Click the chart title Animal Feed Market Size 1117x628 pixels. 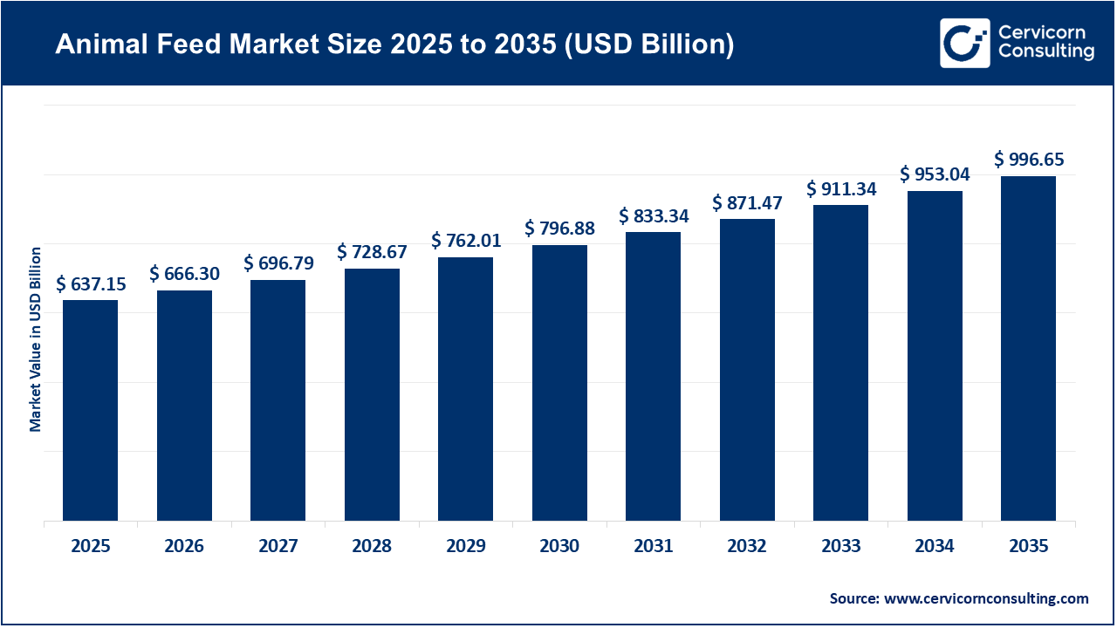point(394,44)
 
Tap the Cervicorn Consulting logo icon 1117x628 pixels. point(964,44)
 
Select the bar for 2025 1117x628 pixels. point(90,410)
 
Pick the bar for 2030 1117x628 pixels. point(559,383)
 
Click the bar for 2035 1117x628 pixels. point(1028,348)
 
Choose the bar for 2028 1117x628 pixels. point(372,394)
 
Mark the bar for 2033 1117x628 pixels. point(840,363)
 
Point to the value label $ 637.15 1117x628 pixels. point(91,283)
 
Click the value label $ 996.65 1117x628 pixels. point(1029,160)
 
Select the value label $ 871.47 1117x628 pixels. point(747,202)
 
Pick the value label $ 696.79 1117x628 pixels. point(278,263)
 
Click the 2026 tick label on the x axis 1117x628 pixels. point(184,547)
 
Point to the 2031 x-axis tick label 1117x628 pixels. point(653,547)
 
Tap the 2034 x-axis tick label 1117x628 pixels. point(935,547)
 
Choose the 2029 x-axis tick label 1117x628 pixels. point(466,547)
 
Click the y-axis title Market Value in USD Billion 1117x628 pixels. point(36,339)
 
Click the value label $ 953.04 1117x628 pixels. point(935,174)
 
